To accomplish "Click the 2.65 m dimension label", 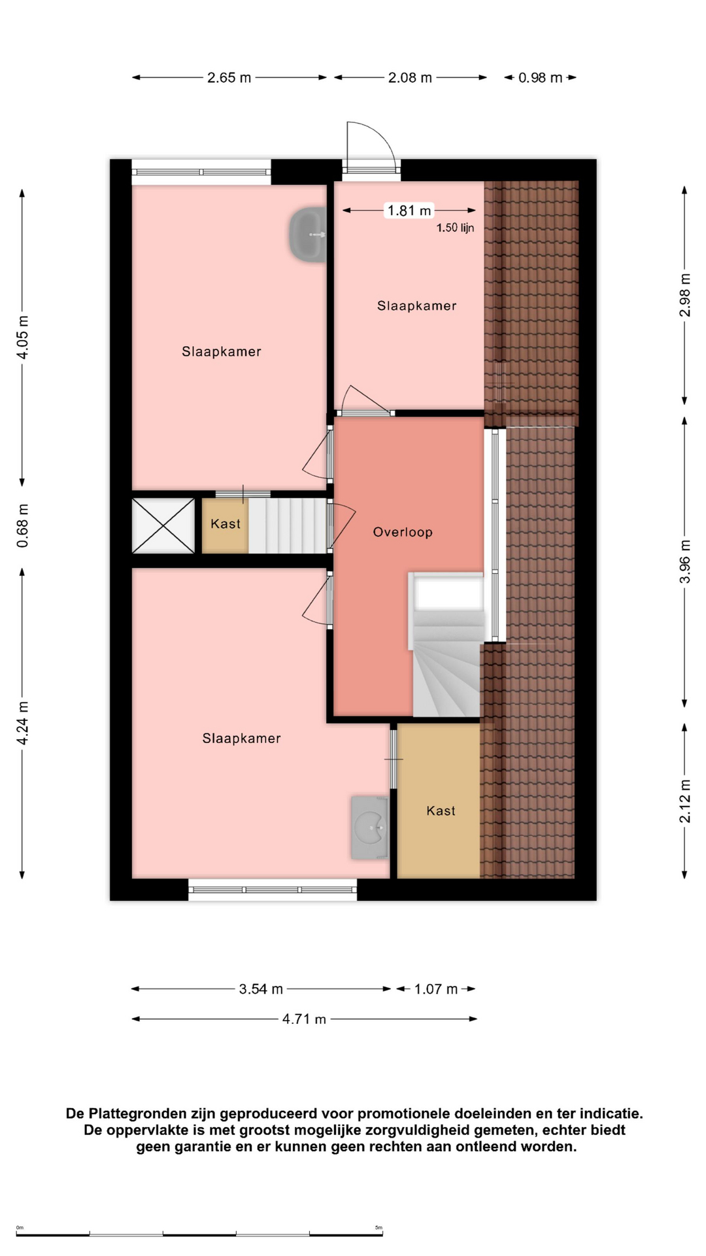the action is (x=229, y=78).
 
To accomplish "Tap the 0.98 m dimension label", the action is (x=540, y=78).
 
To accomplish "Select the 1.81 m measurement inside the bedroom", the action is (x=409, y=211).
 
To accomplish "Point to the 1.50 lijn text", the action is (x=455, y=228).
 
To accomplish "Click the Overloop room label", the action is (x=403, y=532).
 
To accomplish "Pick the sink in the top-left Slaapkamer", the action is (x=308, y=235).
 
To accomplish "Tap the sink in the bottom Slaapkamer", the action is (x=370, y=828).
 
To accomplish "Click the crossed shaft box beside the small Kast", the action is (x=163, y=526).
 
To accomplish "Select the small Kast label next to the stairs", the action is (x=226, y=524).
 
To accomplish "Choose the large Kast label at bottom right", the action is (x=441, y=811).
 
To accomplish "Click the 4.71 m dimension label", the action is (x=304, y=1019).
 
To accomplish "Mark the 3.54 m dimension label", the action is (x=261, y=989).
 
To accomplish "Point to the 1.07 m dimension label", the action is (x=435, y=989).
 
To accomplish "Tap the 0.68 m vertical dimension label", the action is (x=23, y=526).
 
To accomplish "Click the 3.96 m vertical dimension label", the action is (x=685, y=562).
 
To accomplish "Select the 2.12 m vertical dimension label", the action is (x=685, y=801).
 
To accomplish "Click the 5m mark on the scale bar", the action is (x=378, y=1228).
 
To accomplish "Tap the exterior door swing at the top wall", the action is (x=371, y=147).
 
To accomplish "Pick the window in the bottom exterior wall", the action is (x=273, y=890).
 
